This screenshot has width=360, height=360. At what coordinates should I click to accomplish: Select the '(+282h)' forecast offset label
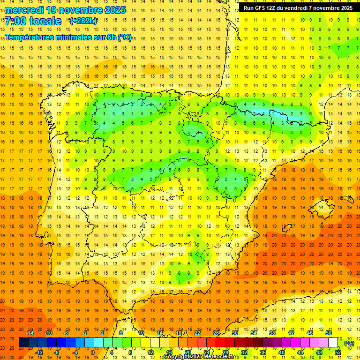click(83, 21)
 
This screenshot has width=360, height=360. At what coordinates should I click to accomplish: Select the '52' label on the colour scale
click(338, 352)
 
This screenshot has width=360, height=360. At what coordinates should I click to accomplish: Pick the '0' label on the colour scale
click(93, 352)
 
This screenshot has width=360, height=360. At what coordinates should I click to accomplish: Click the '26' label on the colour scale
click(216, 333)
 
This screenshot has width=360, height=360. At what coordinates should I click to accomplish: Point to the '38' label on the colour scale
click(272, 333)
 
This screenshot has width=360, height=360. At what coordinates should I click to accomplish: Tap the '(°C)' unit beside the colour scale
click(349, 343)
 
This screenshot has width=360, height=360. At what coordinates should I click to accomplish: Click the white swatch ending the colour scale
click(333, 343)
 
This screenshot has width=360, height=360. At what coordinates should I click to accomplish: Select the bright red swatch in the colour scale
click(220, 343)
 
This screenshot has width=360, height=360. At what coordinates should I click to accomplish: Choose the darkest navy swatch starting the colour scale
click(23, 343)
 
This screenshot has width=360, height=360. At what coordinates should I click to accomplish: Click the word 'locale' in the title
click(45, 21)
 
